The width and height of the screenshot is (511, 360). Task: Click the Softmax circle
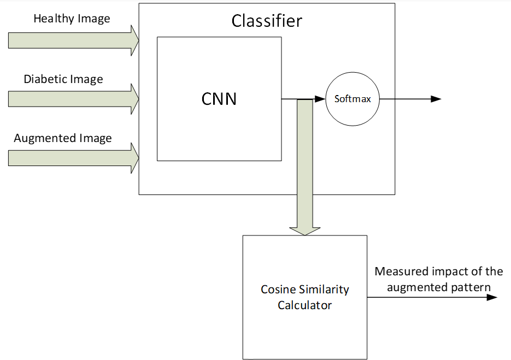pyautogui.click(x=353, y=99)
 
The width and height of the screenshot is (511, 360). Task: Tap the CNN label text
pyautogui.click(x=219, y=99)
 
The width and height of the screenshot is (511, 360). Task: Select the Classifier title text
pyautogui.click(x=266, y=21)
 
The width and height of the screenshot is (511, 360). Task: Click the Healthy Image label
pyautogui.click(x=72, y=19)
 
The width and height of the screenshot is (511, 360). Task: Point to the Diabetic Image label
pyautogui.click(x=63, y=79)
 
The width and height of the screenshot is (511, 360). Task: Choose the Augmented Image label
pyautogui.click(x=63, y=138)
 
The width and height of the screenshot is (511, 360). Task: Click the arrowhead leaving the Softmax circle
pyautogui.click(x=436, y=99)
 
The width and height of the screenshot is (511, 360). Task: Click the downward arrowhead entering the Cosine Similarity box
pyautogui.click(x=304, y=229)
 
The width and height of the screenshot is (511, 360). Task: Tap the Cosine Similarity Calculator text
pyautogui.click(x=304, y=297)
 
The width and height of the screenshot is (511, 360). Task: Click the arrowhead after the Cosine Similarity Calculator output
pyautogui.click(x=491, y=297)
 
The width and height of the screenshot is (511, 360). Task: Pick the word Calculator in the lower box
pyautogui.click(x=304, y=305)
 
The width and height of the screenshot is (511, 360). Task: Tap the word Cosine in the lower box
pyautogui.click(x=278, y=290)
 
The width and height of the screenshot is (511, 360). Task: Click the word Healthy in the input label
pyautogui.click(x=52, y=19)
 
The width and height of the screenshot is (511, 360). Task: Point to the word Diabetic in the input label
pyautogui.click(x=43, y=79)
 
